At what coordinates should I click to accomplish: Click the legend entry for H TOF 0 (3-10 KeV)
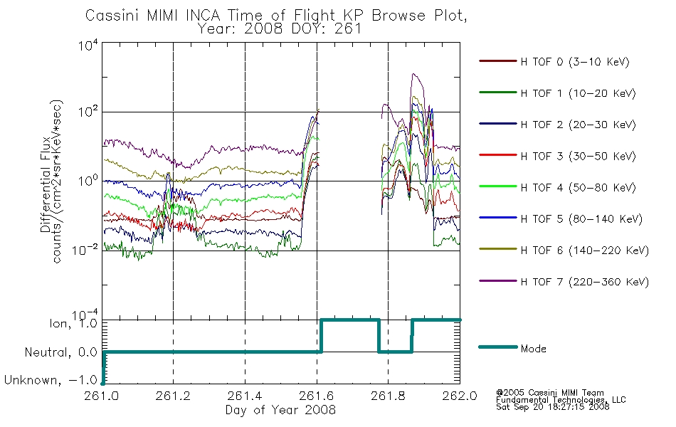click(x=554, y=62)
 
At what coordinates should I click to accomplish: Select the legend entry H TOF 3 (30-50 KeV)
click(x=557, y=156)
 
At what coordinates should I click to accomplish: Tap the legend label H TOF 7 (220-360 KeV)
click(x=585, y=282)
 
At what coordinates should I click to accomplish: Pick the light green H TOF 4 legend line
click(x=498, y=186)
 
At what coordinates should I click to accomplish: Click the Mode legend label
click(x=533, y=349)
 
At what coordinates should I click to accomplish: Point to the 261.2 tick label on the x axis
click(x=173, y=396)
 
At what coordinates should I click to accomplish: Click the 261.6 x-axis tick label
click(x=317, y=396)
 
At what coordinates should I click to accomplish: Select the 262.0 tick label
click(x=460, y=396)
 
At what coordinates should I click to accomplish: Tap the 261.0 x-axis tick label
click(x=102, y=396)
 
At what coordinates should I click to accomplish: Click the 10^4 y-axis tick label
click(x=89, y=45)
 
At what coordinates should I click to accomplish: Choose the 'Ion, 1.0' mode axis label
click(x=73, y=323)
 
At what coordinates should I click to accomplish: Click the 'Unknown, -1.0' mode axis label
click(x=51, y=380)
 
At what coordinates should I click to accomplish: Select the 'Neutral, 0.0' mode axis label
click(x=61, y=352)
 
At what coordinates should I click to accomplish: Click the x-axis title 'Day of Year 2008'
click(x=280, y=410)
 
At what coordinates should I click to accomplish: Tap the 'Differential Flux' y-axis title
click(x=46, y=184)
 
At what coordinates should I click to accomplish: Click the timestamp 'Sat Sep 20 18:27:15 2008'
click(x=553, y=407)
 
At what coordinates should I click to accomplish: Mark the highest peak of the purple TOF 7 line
click(x=413, y=74)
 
